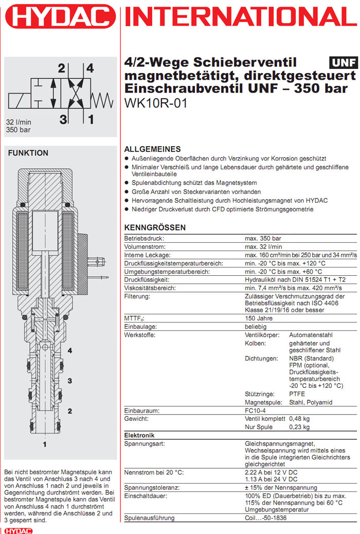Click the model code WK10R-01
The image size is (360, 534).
coord(156,102)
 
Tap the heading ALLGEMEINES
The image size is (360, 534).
coord(153,149)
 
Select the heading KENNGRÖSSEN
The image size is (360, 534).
coord(155,227)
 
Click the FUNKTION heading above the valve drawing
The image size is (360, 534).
coord(28,153)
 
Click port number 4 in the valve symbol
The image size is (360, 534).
coord(90,68)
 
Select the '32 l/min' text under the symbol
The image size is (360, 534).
coord(19,122)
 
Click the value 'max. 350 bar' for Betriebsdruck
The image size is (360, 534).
coord(263,239)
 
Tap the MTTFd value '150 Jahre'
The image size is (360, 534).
coord(259,318)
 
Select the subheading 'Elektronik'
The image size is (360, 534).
coord(140,435)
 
